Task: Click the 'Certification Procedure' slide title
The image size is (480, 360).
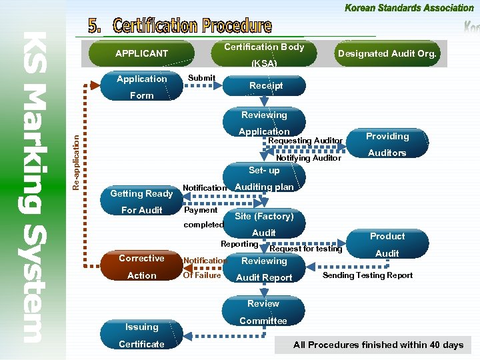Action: [x=181, y=26]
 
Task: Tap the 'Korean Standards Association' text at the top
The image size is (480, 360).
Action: [x=409, y=8]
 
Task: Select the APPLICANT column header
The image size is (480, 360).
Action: [x=141, y=53]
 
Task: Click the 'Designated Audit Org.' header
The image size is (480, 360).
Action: [x=387, y=53]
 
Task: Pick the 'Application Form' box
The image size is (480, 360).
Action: [x=142, y=87]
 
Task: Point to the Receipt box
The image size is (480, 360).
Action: [x=266, y=85]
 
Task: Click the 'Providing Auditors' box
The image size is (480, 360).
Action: [x=387, y=145]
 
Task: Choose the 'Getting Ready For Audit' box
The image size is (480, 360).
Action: [x=142, y=201]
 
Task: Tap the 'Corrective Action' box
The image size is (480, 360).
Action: [x=142, y=267]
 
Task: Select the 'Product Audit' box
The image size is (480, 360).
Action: [x=387, y=245]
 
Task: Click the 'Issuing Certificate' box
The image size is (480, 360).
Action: [x=141, y=335]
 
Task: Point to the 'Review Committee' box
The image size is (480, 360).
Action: [x=263, y=312]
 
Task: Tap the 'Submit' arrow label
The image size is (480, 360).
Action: [x=201, y=78]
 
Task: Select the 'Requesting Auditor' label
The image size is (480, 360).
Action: [x=305, y=141]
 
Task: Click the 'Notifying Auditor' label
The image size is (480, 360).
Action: [x=309, y=158]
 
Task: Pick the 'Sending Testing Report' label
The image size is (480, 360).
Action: [x=367, y=275]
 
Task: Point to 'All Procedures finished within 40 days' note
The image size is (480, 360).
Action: [x=378, y=345]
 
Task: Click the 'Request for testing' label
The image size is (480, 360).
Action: [x=305, y=249]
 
